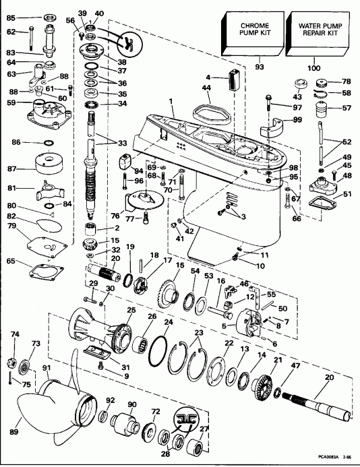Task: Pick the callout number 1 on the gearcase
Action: click(172, 102)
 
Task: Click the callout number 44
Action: click(207, 87)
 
